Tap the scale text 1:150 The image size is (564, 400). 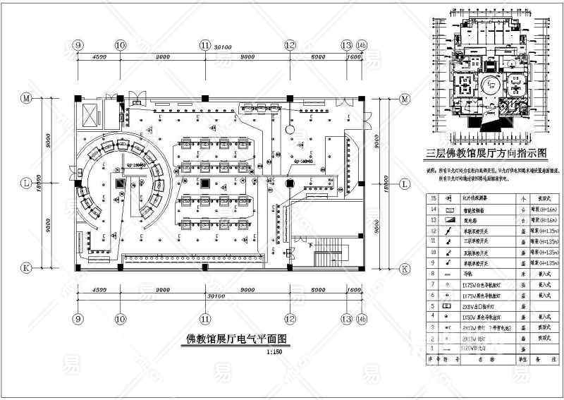pyautogui.click(x=278, y=351)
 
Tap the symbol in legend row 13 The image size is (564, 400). pyautogui.click(x=449, y=221)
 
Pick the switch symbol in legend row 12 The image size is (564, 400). pyautogui.click(x=449, y=231)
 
